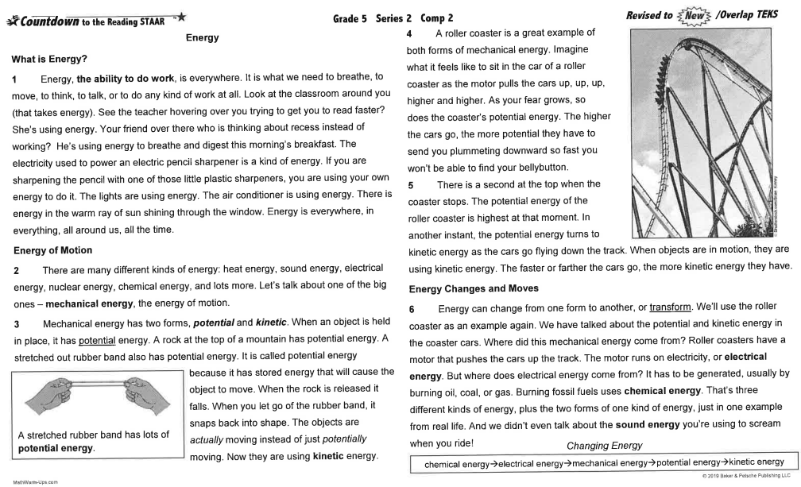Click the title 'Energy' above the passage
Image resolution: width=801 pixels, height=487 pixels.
202,37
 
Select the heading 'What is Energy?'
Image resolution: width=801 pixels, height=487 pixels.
50,60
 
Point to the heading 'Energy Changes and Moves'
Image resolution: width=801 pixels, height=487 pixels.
474,288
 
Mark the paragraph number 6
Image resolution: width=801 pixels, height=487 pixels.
412,308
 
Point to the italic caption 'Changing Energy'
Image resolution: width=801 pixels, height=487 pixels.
605,446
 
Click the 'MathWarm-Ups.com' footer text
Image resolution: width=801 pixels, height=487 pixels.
30,481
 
